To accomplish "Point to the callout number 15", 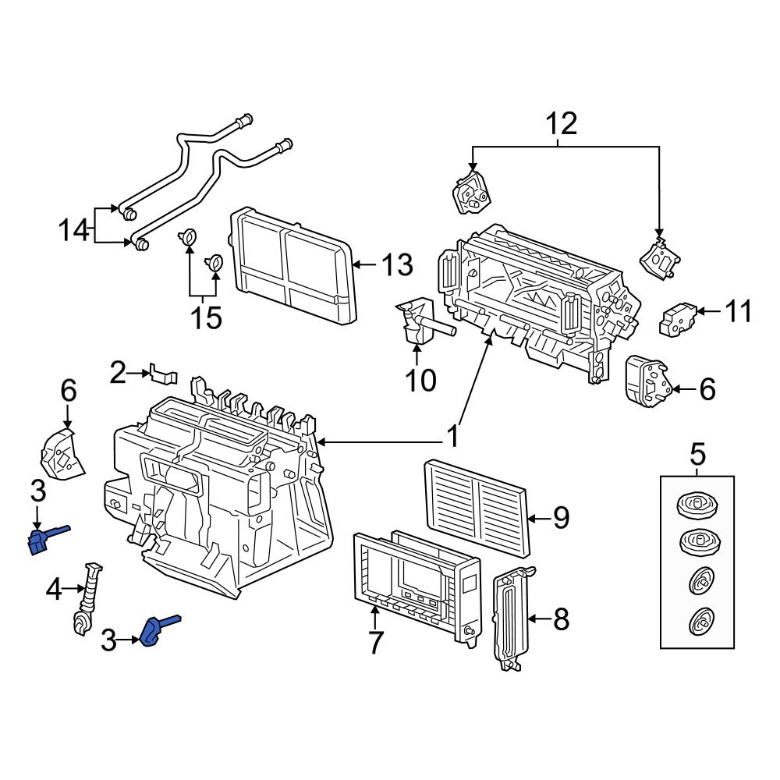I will click(207, 317).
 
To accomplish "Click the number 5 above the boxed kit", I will click(697, 452).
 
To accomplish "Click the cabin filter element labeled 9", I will click(477, 504).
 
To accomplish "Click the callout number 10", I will click(420, 380).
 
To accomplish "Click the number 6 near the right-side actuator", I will click(706, 388).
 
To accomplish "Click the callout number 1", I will click(452, 438).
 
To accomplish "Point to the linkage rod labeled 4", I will click(87, 597).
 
